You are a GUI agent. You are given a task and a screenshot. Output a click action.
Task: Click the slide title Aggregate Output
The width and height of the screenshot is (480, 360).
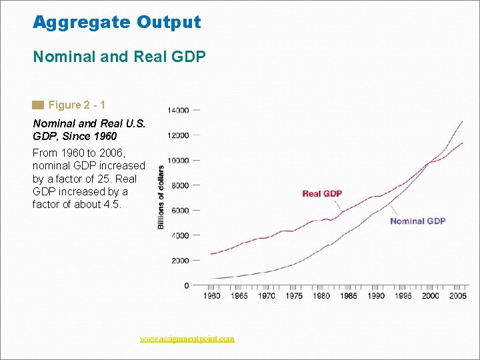click(x=117, y=22)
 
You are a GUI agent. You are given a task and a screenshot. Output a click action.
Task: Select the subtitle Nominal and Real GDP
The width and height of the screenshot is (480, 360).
click(x=119, y=57)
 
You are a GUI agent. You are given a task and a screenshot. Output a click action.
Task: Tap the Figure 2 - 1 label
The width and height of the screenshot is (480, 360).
click(x=77, y=105)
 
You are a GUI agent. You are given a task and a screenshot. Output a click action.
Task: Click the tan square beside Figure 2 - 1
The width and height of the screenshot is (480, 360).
click(x=38, y=105)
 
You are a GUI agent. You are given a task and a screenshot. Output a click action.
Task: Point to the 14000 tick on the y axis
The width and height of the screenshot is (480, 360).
click(x=178, y=110)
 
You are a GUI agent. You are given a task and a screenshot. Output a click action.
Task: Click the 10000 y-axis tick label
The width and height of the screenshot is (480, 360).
click(x=178, y=160)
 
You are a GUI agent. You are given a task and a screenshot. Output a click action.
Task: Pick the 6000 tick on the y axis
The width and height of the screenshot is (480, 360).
click(x=179, y=211)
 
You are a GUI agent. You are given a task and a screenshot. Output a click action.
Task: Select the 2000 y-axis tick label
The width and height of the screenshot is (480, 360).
click(x=179, y=261)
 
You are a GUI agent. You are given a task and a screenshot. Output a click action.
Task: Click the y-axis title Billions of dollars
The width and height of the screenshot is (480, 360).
click(x=161, y=197)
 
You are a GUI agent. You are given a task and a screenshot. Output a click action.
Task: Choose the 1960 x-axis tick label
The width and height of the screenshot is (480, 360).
click(x=211, y=296)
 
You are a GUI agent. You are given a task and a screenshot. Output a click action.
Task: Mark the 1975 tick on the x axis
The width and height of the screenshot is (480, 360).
click(x=293, y=296)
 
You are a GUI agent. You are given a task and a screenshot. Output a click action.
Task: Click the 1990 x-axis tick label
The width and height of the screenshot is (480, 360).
click(x=375, y=296)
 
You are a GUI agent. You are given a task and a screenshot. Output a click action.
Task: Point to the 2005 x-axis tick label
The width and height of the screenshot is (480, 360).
click(x=457, y=296)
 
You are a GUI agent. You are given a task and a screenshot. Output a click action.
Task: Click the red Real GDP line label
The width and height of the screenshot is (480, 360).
click(x=322, y=194)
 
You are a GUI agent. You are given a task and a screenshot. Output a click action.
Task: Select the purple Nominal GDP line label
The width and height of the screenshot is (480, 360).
click(x=417, y=221)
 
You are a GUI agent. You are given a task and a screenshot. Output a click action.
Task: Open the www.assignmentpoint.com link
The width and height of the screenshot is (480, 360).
click(x=187, y=339)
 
